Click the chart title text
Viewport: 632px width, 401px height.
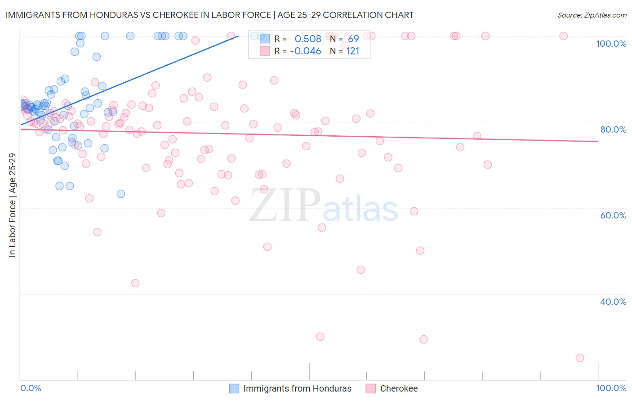209,15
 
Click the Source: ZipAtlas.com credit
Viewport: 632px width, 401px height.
592,15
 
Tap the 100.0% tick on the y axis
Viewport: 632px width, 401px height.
611,44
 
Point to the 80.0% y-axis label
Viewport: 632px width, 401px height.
613,129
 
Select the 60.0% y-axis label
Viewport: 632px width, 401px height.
613,215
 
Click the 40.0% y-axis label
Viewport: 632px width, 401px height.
613,302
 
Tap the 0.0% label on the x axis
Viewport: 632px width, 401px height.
31,388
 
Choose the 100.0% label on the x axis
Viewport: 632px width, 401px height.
611,388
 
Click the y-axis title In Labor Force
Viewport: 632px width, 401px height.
13,205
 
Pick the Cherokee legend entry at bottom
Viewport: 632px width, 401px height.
399,388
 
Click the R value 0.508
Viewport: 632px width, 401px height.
308,39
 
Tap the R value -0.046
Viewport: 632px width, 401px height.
306,51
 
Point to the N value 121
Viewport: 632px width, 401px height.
353,51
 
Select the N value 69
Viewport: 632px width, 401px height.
353,39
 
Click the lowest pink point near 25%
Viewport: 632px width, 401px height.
580,358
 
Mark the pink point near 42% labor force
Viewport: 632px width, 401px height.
135,283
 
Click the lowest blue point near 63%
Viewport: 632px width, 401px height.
120,194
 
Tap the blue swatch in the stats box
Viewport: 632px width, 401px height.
265,39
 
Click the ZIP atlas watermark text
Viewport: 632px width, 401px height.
324,205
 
